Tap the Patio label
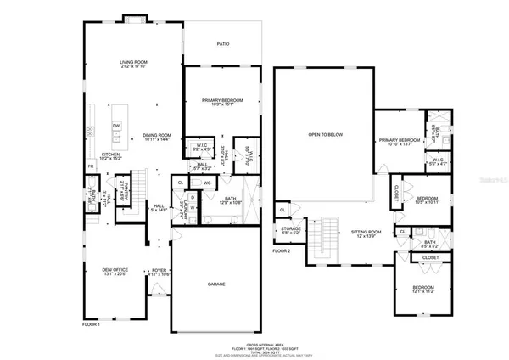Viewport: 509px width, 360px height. [224, 44]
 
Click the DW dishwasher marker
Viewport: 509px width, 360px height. [116, 125]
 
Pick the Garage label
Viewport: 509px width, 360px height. [216, 284]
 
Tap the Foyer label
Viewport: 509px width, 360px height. [160, 272]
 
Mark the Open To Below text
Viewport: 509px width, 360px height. [326, 135]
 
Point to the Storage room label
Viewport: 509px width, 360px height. [292, 229]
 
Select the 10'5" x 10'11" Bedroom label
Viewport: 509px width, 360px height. [422, 200]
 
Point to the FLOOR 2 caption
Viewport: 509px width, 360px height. [281, 251]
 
